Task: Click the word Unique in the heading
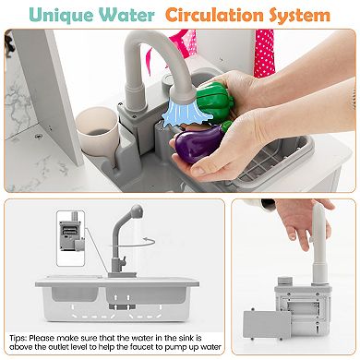point(62,15)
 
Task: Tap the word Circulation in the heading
point(214,15)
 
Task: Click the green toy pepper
point(215,100)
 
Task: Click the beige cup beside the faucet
point(98,129)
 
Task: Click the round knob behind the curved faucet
point(169,81)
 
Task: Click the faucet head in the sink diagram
point(137,210)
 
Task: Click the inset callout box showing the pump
point(71,238)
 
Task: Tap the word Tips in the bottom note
point(18,339)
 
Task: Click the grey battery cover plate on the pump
point(267,324)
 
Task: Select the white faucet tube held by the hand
point(318,242)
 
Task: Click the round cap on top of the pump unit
point(286,281)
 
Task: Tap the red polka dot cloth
point(264,53)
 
